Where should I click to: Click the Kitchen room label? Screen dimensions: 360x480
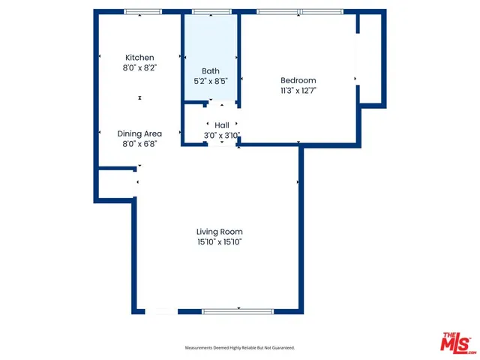point(139,58)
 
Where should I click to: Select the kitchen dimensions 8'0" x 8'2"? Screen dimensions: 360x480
point(139,67)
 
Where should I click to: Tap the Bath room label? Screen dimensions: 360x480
point(211,71)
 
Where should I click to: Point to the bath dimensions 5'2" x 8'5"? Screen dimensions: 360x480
point(211,81)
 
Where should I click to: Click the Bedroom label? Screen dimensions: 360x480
point(298,80)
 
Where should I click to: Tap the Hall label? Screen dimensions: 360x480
point(222,125)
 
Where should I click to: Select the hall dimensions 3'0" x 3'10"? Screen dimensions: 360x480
point(222,136)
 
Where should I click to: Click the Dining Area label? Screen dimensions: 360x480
point(139,133)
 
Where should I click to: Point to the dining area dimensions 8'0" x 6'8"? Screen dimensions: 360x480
point(139,143)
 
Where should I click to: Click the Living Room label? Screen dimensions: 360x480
point(220,232)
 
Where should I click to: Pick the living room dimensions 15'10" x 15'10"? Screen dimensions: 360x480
point(220,242)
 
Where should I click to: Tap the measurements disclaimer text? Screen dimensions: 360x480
point(240,348)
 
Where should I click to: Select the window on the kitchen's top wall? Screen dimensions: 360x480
point(142,12)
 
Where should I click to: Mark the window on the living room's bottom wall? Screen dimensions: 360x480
point(237,310)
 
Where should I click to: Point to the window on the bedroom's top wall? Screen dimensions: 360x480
point(300,12)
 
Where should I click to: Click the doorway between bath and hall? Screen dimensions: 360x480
point(211,102)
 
